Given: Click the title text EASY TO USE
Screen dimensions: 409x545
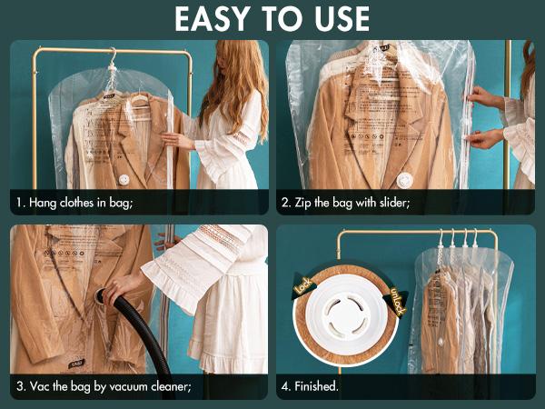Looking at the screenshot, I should pos(272,18).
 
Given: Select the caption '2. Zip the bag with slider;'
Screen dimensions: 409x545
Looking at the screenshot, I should pos(346,202).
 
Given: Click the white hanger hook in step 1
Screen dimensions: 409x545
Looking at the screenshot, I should pos(111,60).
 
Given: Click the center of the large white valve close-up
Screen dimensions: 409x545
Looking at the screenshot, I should pos(346,311).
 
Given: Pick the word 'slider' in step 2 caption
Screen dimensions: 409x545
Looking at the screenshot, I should pos(391,202).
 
